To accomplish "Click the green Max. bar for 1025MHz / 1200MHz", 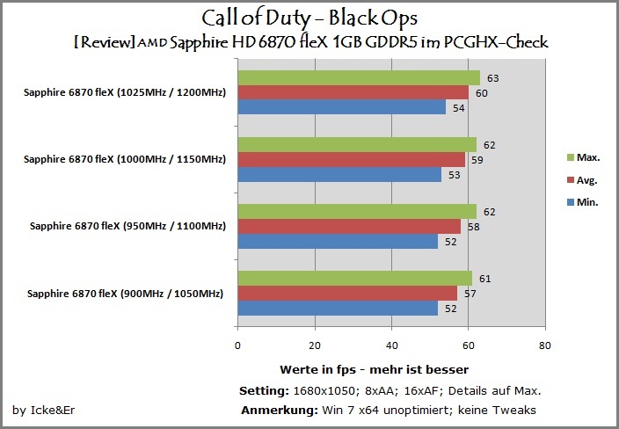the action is [359, 77].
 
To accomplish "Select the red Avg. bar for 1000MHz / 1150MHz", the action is [352, 160].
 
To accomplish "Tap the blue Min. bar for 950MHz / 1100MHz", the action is [338, 242].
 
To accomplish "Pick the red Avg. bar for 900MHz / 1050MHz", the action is [347, 294].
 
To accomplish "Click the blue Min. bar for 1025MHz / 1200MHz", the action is [342, 107].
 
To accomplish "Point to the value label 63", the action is [492, 78].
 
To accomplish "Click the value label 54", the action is [459, 108].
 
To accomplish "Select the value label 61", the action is [485, 279].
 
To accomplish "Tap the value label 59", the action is [477, 160].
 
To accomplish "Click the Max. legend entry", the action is [584, 157].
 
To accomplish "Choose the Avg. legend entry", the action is [582, 180].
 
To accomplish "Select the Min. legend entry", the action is [583, 202].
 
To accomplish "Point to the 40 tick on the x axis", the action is [391, 345].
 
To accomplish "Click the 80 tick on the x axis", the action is [545, 345].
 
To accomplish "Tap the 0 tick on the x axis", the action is [237, 345].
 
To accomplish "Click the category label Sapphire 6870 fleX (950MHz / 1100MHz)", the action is [127, 226].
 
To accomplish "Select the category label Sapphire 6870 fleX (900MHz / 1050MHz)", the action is [125, 294].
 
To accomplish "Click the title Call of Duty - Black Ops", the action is [309, 18].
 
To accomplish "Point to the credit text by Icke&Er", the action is [43, 411].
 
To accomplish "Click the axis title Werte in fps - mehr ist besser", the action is [375, 370].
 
